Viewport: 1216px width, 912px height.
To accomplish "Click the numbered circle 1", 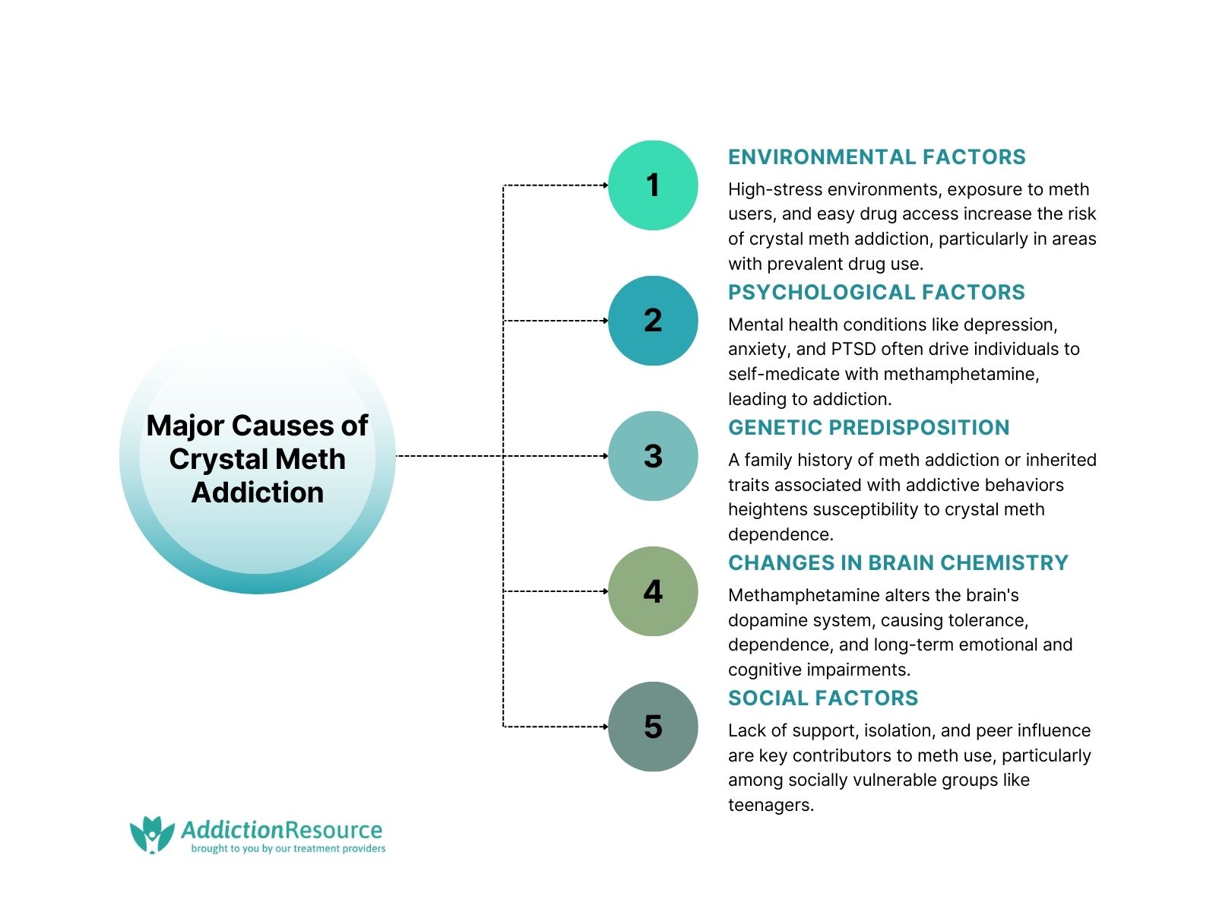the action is [x=653, y=185].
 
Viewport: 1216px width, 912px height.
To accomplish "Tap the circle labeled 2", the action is [x=653, y=321].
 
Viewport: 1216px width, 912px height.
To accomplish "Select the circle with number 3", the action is [x=653, y=456].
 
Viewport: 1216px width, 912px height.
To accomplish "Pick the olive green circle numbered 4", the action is [x=653, y=591].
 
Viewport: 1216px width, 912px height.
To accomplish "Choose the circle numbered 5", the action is [x=653, y=727].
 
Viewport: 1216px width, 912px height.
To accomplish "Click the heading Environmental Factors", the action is [x=876, y=157].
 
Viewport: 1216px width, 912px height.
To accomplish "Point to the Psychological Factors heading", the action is [x=876, y=292].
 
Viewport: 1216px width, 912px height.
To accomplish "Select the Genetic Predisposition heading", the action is [x=869, y=427].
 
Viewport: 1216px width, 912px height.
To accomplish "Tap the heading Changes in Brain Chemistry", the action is [x=898, y=562].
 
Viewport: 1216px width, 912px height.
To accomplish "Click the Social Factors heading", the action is [x=823, y=698].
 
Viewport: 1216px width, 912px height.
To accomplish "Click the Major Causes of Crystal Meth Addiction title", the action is [x=257, y=458].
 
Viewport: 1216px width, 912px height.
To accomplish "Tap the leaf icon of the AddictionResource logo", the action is [x=152, y=834].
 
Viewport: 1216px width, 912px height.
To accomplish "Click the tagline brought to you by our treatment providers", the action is [x=288, y=849].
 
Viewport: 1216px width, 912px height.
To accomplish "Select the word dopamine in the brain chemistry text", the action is [x=762, y=620].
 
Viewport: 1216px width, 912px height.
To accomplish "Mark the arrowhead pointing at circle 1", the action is [x=606, y=185].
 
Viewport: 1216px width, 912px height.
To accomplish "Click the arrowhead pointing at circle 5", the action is [x=606, y=727].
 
